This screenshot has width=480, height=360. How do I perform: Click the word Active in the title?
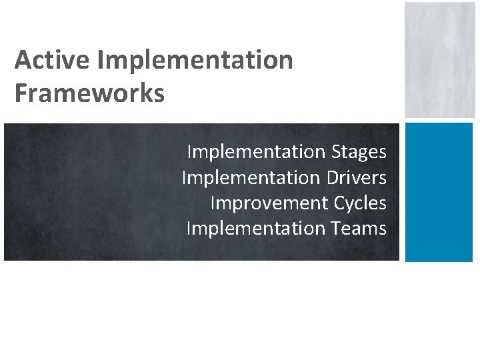[53, 60]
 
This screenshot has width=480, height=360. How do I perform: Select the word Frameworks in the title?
[89, 93]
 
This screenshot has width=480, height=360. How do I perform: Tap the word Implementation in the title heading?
[195, 61]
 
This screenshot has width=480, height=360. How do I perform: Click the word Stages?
[359, 153]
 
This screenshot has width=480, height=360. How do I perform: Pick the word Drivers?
[357, 178]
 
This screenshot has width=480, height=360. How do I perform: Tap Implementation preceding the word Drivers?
[251, 178]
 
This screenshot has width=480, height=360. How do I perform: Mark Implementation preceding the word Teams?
[256, 229]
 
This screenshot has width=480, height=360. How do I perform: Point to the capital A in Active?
[23, 60]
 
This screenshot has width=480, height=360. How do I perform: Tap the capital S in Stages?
[335, 152]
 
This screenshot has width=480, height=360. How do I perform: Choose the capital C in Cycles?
[340, 203]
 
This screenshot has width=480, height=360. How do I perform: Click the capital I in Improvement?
[213, 203]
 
